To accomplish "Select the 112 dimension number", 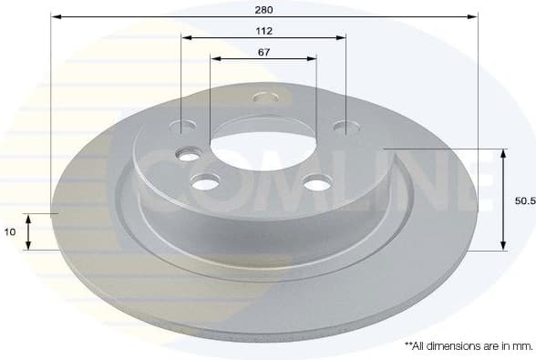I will (264, 30).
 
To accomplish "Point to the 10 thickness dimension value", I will (10, 232).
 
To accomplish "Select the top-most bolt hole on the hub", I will (265, 97).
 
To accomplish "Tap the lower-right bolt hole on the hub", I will (316, 184).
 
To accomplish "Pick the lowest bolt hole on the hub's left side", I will (206, 183).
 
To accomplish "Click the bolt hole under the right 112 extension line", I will (345, 126).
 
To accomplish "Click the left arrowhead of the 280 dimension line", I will (55, 16).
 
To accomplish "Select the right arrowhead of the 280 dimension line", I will (474, 16).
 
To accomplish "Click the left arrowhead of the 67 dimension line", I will (215, 58).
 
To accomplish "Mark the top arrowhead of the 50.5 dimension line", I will (503, 152).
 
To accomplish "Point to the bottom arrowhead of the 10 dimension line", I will (29, 246).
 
